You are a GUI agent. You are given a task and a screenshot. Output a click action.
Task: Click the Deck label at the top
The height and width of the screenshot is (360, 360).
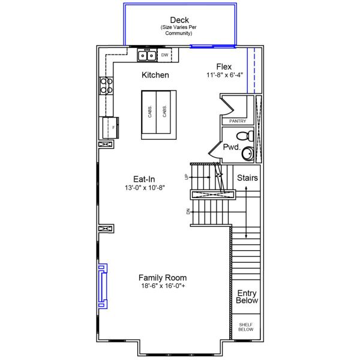coord(179,20)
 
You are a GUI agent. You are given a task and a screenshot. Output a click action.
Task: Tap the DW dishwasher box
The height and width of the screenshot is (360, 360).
coord(165,55)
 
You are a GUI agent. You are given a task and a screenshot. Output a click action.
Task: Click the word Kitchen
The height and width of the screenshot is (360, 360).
coord(155,76)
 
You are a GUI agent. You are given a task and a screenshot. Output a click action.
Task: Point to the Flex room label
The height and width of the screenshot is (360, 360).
coord(224,67)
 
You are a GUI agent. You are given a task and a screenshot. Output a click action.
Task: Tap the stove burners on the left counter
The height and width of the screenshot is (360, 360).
coord(106,86)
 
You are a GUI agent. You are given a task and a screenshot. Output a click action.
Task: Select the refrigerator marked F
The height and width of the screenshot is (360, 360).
coord(109,127)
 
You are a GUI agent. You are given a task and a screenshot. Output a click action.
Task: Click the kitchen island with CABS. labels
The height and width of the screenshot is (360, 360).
coord(158,115)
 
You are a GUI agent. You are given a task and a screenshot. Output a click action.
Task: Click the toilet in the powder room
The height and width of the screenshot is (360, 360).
coord(243,136)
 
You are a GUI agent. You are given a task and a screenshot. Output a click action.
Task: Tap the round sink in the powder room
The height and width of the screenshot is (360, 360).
coord(248,154)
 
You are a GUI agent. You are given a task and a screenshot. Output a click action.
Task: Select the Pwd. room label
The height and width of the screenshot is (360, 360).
coord(232,148)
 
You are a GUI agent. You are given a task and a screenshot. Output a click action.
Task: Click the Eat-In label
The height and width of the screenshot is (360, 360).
coord(145,179)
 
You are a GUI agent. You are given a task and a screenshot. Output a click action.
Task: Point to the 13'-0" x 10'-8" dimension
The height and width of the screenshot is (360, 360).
coord(145,188)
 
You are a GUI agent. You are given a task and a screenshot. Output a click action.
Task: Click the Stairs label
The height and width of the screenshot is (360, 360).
coord(247,178)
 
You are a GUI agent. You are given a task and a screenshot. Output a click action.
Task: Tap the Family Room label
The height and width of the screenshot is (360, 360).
coord(162,278)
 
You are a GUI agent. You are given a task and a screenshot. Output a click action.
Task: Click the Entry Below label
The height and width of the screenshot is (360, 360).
coord(247,297)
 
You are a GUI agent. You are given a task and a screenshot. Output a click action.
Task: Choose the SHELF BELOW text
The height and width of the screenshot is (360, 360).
coord(246,327)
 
